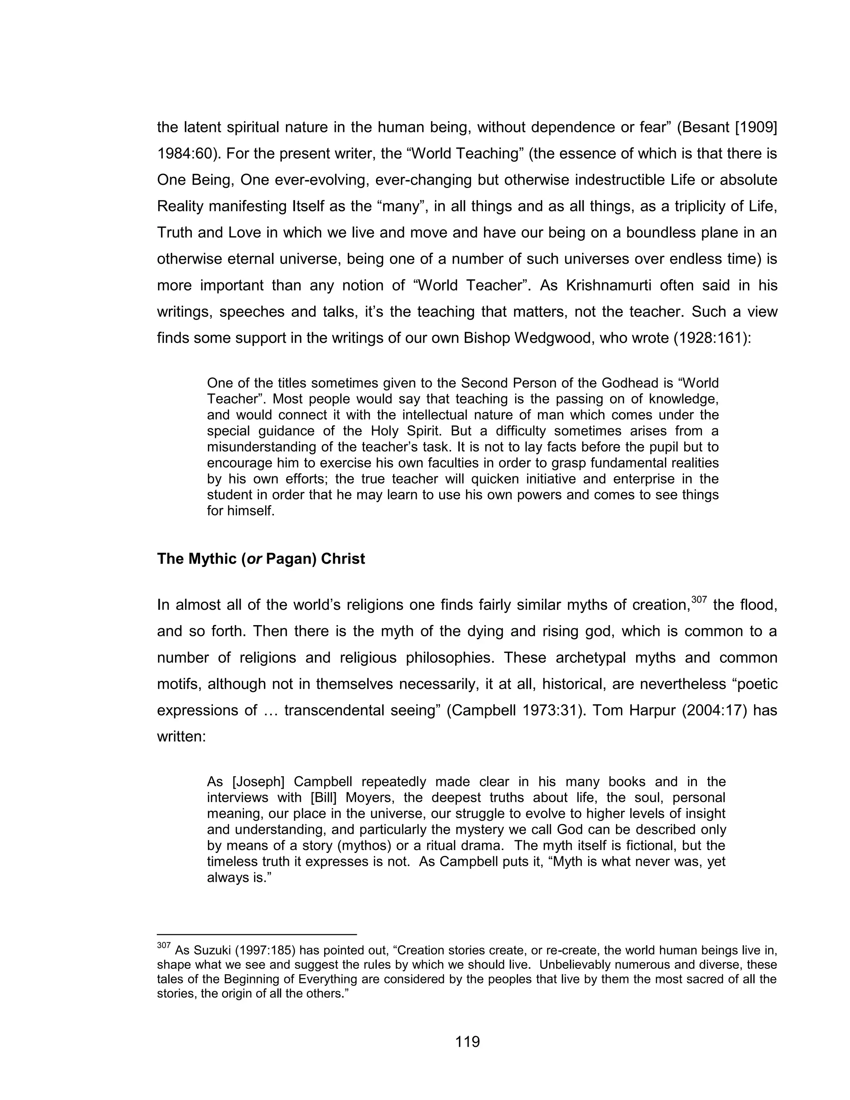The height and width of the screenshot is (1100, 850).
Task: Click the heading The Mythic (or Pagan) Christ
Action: pyautogui.click(x=261, y=559)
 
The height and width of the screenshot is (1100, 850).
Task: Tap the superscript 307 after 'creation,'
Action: pyautogui.click(x=699, y=599)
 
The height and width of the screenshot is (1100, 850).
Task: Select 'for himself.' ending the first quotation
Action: pyautogui.click(x=241, y=511)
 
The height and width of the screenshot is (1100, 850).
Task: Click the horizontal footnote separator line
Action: pyautogui.click(x=257, y=935)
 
